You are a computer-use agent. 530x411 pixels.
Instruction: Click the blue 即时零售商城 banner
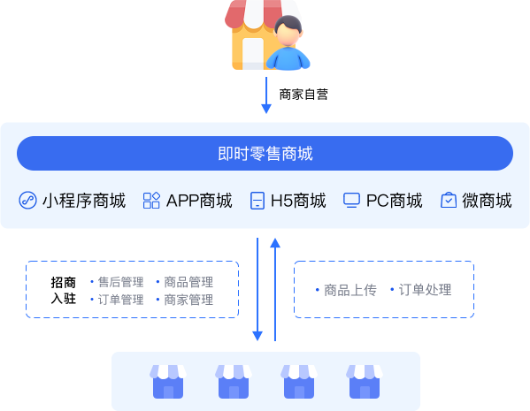pos(265,153)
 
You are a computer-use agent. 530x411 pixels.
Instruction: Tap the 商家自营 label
pos(303,95)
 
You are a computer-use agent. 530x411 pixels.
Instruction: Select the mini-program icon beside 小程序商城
pos(27,201)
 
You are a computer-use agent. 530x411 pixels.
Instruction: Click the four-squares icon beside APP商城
pos(151,201)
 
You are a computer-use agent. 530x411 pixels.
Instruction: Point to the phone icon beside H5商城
pos(257,201)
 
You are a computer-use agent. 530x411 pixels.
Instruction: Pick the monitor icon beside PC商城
pos(351,201)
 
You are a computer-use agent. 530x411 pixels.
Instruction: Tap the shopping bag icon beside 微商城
pos(449,201)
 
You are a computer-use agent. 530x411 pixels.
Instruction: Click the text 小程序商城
pos(84,201)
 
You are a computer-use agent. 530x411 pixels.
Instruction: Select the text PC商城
pos(394,201)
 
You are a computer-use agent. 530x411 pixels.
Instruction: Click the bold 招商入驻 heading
pos(63,291)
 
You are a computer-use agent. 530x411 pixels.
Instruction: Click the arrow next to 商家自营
pos(266,95)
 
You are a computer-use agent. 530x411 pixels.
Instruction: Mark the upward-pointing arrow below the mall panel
pos(275,289)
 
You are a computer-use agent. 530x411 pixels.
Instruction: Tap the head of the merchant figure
pos(288,31)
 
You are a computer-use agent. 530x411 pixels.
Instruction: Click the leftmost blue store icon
pos(168,382)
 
